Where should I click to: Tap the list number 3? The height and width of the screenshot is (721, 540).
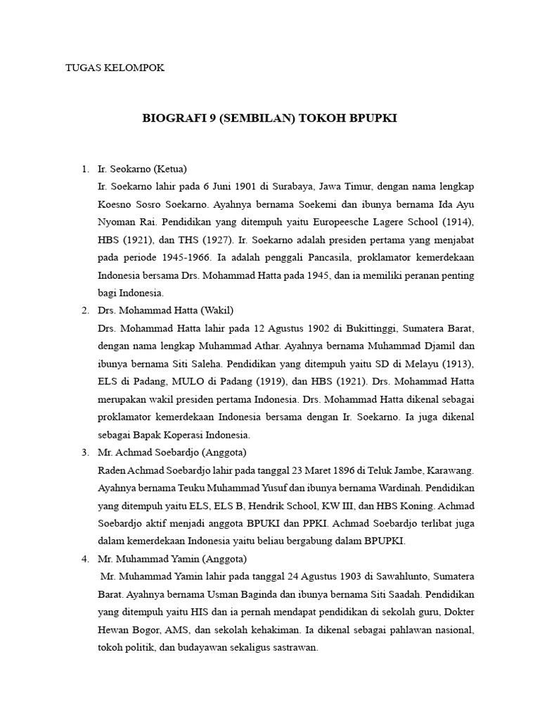[x=84, y=452]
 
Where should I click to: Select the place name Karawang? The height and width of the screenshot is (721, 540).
[x=450, y=470]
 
